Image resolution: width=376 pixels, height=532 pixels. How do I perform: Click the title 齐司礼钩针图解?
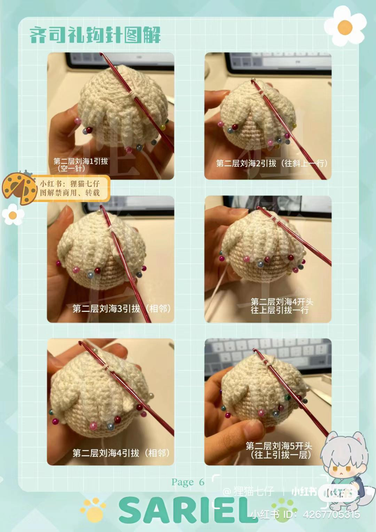pos(95,35)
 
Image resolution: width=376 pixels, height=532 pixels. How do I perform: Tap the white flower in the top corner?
pos(345,26)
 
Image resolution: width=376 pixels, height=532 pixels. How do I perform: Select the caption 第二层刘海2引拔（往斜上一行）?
pos(272,163)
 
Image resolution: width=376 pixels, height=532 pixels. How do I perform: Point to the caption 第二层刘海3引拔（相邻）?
pos(122,308)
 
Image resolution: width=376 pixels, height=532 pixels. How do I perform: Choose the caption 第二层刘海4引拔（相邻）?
pos(122,453)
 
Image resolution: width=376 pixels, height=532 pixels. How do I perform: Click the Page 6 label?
pos(188,482)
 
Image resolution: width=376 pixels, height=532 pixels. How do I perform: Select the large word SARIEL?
pos(188,510)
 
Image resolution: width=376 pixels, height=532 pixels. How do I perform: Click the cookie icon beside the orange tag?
pos(19,188)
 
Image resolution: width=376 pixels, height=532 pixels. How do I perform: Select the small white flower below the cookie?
pos(13,214)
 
